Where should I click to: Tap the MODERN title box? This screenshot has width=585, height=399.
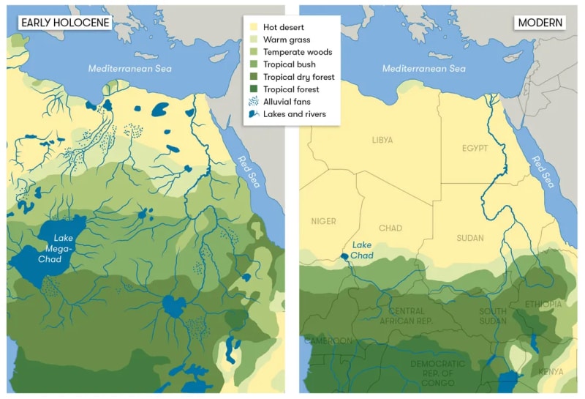click(x=540, y=23)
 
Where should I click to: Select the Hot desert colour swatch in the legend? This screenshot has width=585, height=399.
click(x=254, y=27)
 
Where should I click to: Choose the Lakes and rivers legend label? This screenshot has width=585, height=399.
click(x=295, y=114)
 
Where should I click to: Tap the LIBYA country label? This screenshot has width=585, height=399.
click(x=382, y=140)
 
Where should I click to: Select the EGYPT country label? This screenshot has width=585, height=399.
click(x=474, y=149)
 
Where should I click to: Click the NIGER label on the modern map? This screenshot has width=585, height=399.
click(x=323, y=221)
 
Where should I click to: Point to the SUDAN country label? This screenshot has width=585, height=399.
click(x=469, y=238)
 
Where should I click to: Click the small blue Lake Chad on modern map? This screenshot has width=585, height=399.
click(x=344, y=257)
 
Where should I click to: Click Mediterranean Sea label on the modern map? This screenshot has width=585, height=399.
click(x=424, y=68)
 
